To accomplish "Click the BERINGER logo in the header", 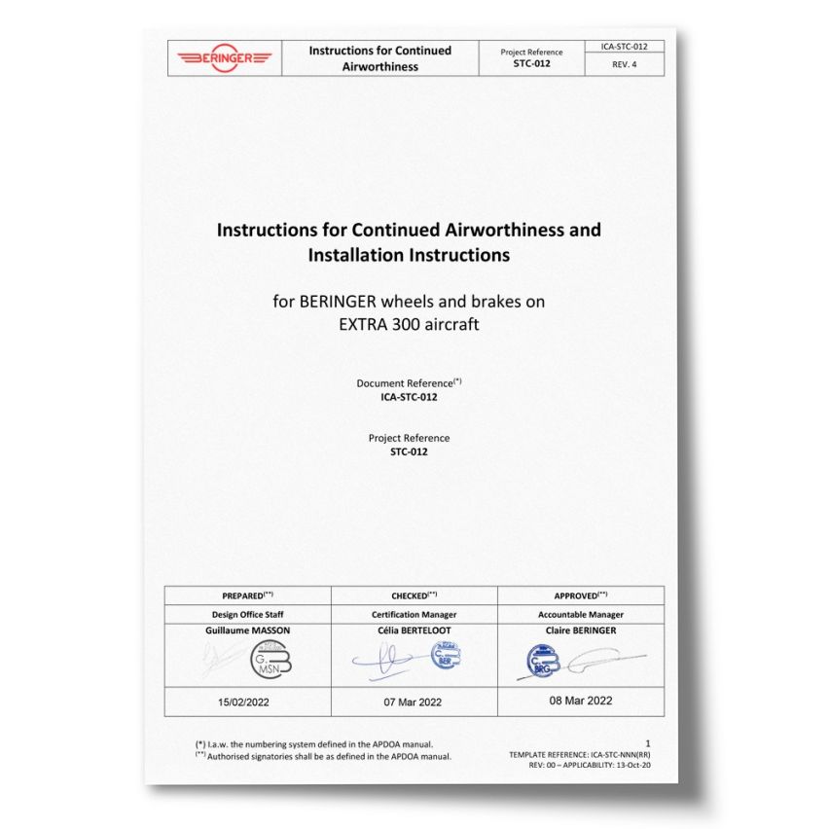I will pos(224,58).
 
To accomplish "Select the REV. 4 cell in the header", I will pos(624,65).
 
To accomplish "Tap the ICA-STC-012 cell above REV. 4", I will pos(624,46).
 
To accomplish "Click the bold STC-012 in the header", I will pos(530,64).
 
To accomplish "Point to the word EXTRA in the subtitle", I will pos(365,325).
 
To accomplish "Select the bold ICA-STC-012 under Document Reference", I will pos(409,396).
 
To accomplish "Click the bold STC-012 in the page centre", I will pos(409,451).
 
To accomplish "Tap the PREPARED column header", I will pos(247,595).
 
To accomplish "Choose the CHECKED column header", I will pos(414,595).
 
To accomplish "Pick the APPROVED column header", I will pos(581,595).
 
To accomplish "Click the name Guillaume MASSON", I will pos(248,631).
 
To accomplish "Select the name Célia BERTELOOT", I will pos(414,631).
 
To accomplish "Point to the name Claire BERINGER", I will pos(581,631).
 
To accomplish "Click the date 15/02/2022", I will pos(247,702).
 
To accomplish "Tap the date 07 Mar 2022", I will pos(414,702).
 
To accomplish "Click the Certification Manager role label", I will pos(414,615).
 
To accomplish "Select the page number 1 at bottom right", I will pos(648,743).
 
